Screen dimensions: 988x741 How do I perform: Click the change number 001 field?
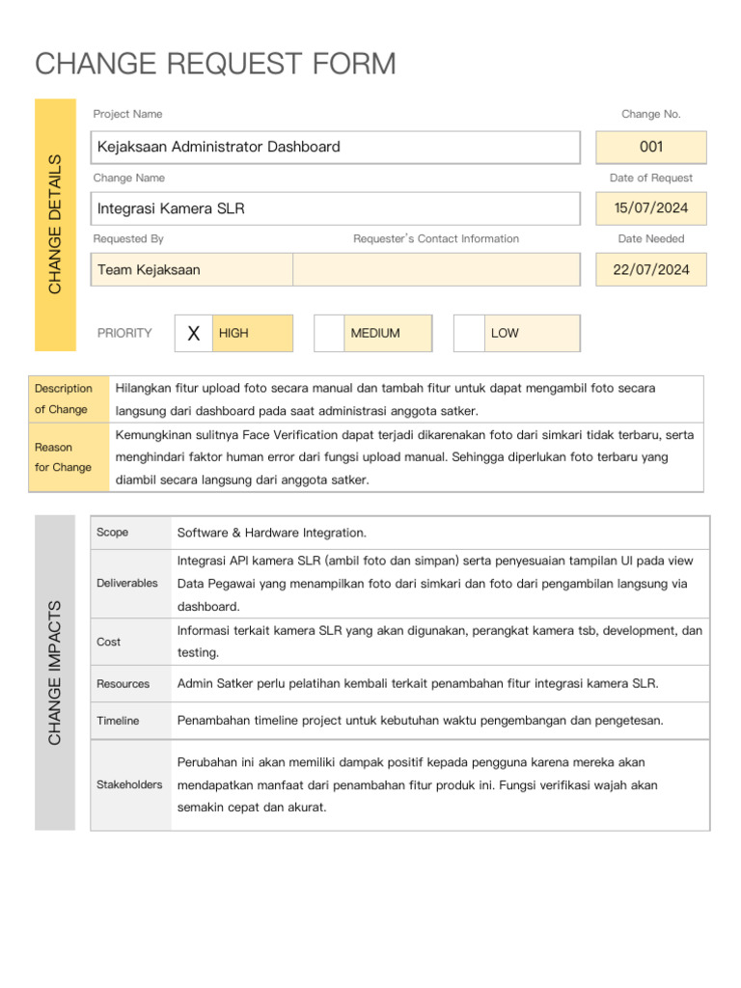tap(651, 148)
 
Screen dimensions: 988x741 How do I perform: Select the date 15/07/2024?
tap(651, 208)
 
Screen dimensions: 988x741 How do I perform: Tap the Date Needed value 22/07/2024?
tap(651, 270)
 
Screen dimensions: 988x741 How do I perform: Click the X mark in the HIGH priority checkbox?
tap(194, 333)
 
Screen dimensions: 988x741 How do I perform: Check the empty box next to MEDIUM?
tap(329, 333)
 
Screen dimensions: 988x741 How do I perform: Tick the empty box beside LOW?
tap(469, 333)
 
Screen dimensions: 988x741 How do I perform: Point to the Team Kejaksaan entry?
tap(150, 270)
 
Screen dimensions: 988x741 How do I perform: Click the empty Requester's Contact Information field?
tap(436, 270)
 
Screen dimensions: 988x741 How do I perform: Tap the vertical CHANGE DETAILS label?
tap(55, 224)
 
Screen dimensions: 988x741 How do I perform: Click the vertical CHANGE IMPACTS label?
tap(55, 672)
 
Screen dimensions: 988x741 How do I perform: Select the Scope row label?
tap(113, 533)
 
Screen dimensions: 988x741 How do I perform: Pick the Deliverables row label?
tap(127, 584)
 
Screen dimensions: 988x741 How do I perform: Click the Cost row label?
tap(109, 642)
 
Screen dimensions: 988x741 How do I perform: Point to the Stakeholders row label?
tap(129, 784)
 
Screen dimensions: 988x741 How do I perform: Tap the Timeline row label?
tap(118, 721)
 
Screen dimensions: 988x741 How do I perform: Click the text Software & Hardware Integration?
tap(272, 533)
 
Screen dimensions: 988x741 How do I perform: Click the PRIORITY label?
tap(124, 333)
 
